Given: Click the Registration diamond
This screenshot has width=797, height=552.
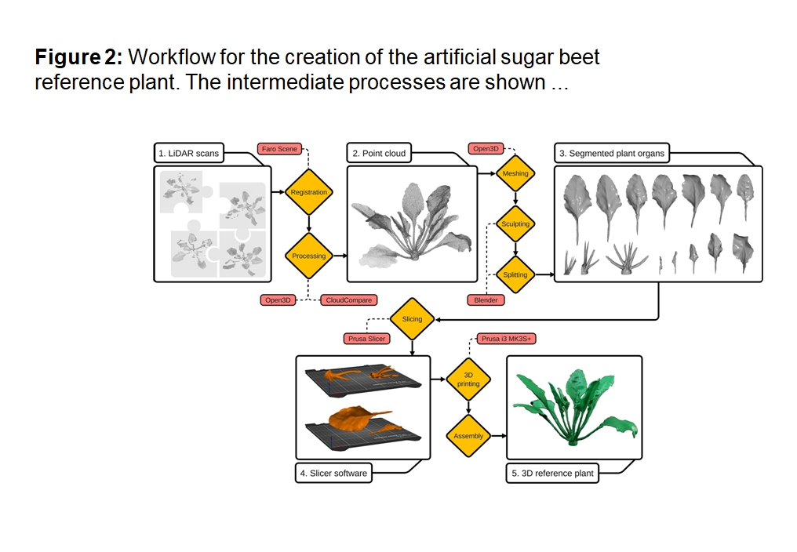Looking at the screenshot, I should tap(308, 192).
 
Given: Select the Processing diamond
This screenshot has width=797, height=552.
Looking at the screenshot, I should tap(308, 256).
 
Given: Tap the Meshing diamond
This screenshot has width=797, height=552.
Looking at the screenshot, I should tap(515, 173).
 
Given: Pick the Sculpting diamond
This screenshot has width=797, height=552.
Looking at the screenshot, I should tap(515, 224).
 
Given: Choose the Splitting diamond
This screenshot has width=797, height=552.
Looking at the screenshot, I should tap(515, 275).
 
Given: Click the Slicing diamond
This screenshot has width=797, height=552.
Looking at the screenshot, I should tap(412, 319).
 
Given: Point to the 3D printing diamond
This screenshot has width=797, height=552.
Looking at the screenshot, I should tap(468, 379).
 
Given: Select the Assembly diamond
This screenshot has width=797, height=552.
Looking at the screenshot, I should tap(468, 436).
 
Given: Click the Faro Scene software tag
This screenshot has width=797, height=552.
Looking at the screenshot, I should tap(279, 149).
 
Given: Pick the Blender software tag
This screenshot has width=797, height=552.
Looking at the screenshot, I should tap(486, 300).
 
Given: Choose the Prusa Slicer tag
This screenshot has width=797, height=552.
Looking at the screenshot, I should tap(366, 339).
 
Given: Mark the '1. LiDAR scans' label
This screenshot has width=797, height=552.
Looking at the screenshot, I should tap(188, 154).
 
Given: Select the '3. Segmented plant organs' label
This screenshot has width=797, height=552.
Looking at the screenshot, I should tap(612, 154).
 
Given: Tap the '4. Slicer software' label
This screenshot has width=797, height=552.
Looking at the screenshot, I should tap(333, 474).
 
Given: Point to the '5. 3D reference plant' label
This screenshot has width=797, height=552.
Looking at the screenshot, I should tap(552, 474).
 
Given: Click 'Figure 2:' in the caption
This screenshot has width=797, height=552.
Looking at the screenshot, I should tap(78, 57).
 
